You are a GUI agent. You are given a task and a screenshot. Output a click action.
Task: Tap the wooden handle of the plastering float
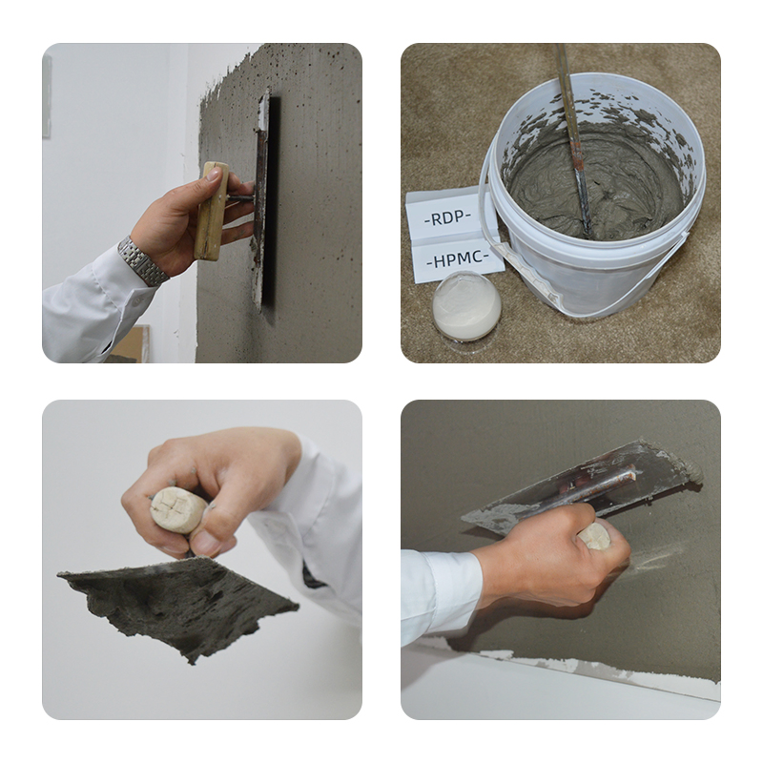[211, 211]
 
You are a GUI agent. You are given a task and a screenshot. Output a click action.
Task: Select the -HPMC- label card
[457, 258]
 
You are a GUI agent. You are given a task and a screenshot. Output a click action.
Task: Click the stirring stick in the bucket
[573, 143]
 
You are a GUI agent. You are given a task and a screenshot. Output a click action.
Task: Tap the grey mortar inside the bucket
[610, 181]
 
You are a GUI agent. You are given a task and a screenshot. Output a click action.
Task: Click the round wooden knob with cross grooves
[177, 510]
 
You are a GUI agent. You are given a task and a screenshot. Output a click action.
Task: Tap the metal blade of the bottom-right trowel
[582, 486]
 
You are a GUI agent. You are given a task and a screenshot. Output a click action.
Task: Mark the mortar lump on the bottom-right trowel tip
[683, 470]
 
